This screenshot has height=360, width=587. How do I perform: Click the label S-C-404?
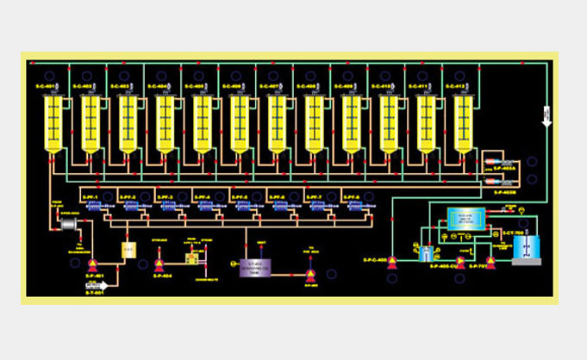click(x=158, y=86)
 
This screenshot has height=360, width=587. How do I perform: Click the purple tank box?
click(x=255, y=267)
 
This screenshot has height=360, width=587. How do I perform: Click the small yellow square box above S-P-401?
click(x=128, y=250)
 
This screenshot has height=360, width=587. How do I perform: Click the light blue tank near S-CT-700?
click(x=525, y=247)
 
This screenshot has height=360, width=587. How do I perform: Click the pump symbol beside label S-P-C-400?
click(x=393, y=260)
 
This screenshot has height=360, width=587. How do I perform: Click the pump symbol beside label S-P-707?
click(x=490, y=260)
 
